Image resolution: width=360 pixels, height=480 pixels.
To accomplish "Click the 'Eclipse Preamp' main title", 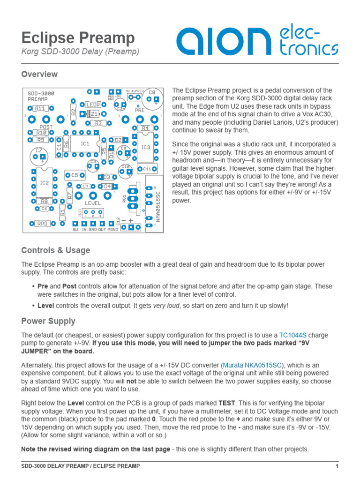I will [78, 38].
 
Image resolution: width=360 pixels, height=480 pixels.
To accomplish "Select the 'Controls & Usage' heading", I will [56, 250].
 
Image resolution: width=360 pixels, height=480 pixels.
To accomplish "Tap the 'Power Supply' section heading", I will [48, 321].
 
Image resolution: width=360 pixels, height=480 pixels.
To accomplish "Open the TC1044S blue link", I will [292, 335].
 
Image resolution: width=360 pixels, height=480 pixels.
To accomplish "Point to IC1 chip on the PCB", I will [85, 144].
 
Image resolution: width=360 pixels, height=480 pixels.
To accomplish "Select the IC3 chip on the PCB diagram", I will [146, 147].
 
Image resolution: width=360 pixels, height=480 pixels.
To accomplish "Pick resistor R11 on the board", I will [40, 108].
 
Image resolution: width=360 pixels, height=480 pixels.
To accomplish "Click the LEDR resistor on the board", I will [92, 105].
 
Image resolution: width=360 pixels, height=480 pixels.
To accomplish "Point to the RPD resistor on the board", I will [43, 224].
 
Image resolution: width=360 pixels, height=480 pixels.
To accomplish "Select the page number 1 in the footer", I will [337, 466].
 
